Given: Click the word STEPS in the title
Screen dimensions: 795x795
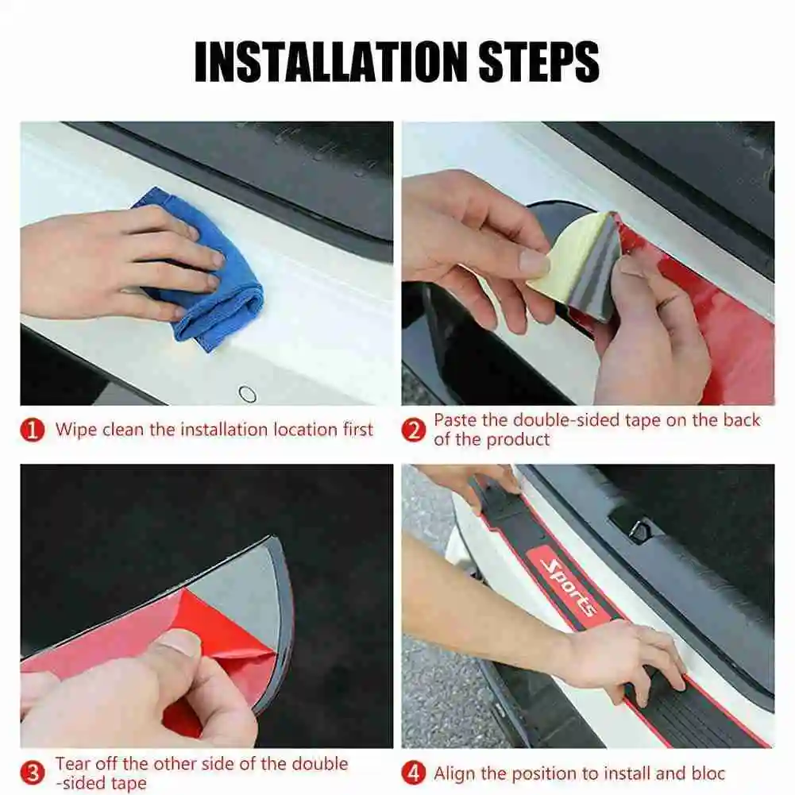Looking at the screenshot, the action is click(538, 62).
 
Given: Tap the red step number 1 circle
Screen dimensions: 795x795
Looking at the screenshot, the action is click(33, 430).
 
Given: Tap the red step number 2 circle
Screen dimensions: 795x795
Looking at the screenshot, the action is click(414, 430).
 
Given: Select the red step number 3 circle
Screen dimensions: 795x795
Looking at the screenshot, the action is click(33, 774).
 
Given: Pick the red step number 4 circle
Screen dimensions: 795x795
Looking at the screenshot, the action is click(414, 774).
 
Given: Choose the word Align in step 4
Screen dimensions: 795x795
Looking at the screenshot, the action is click(455, 774).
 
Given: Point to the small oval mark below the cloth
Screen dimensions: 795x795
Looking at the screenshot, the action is click(248, 393).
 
